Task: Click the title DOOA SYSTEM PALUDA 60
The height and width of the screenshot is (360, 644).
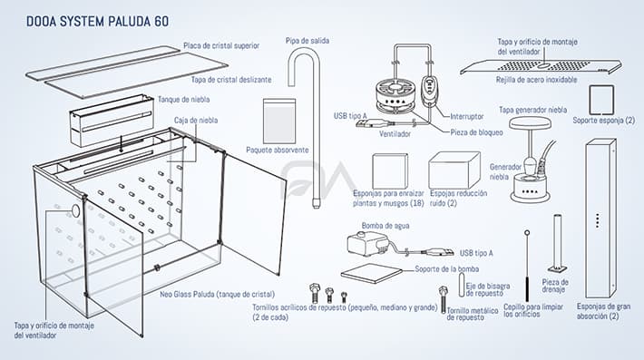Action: (97, 22)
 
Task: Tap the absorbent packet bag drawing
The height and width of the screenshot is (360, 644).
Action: (279, 122)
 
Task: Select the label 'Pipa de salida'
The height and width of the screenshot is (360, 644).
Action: (307, 41)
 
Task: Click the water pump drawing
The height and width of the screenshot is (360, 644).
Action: (366, 244)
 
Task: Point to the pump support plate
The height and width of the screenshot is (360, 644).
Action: (373, 273)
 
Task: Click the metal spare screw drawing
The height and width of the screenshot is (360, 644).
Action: (443, 299)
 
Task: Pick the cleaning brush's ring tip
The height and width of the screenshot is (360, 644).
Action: (527, 233)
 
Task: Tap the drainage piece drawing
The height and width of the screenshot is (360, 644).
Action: (557, 243)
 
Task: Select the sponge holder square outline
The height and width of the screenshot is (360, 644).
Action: (601, 100)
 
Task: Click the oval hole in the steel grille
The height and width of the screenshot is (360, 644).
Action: (544, 65)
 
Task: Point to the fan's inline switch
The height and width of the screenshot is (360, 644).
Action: (427, 89)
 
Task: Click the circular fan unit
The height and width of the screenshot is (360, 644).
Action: (395, 97)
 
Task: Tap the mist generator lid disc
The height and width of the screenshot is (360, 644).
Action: (530, 122)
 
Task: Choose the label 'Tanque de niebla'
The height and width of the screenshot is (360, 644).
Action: (183, 100)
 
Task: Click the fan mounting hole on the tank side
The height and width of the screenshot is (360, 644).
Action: (75, 210)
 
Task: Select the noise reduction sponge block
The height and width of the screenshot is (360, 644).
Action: (454, 170)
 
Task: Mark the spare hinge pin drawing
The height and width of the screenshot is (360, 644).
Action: (462, 285)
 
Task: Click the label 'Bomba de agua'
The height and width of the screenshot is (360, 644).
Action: (385, 226)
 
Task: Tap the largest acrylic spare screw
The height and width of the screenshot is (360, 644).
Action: (314, 293)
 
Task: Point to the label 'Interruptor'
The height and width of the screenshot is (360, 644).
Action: (467, 117)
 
